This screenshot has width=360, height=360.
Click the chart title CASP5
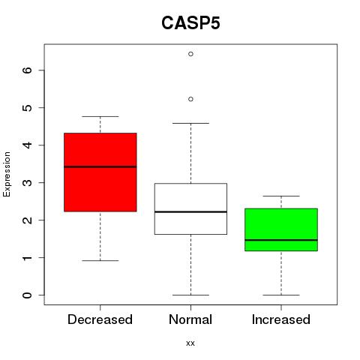[x=190, y=23]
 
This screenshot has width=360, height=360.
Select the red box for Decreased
[x=100, y=172]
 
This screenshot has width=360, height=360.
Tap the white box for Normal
[x=190, y=208]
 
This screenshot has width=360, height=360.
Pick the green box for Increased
[x=281, y=229]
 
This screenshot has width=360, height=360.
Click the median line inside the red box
[x=100, y=166]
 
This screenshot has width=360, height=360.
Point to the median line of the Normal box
[x=190, y=211]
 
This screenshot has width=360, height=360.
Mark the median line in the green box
[x=281, y=240]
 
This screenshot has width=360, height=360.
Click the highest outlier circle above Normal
[x=190, y=54]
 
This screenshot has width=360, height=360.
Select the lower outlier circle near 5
[x=190, y=99]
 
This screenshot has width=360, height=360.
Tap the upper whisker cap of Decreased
[x=100, y=116]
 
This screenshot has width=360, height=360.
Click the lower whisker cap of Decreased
[x=100, y=261]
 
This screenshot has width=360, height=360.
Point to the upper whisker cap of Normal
[x=190, y=123]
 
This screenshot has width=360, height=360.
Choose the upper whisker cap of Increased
[x=281, y=196]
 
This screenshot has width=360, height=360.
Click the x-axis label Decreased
[x=100, y=319]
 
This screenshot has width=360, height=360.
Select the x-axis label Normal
[x=190, y=319]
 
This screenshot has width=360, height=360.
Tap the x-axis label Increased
[x=281, y=319]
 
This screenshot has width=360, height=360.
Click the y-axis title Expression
[x=7, y=174]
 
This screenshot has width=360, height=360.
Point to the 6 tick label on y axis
[x=27, y=70]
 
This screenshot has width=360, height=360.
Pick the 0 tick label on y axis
[x=27, y=295]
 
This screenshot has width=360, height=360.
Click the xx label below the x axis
[x=190, y=343]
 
